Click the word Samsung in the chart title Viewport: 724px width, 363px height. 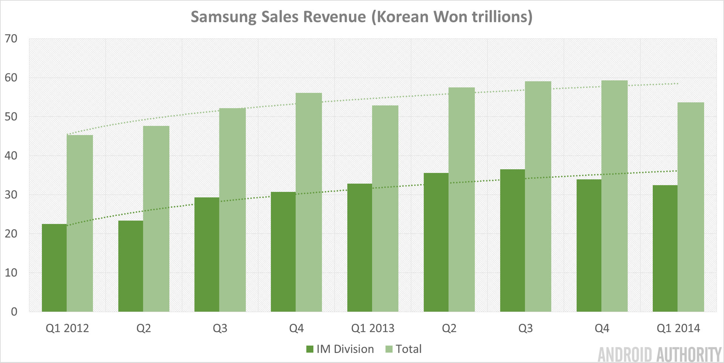223,17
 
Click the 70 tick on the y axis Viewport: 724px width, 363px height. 11,38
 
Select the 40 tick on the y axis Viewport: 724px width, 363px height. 11,156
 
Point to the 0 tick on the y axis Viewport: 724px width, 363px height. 14,312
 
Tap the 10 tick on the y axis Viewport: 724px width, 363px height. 11,273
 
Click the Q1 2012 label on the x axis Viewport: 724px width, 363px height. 67,328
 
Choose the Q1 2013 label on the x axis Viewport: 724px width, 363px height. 373,328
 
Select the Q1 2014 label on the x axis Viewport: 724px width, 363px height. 678,328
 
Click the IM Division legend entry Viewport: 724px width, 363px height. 340,349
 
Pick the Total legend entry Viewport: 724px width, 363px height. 403,349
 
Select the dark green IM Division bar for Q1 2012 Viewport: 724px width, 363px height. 54,268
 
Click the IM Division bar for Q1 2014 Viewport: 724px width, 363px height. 665,248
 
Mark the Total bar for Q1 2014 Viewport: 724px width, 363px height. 691,207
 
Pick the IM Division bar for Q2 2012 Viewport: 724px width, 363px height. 131,266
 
